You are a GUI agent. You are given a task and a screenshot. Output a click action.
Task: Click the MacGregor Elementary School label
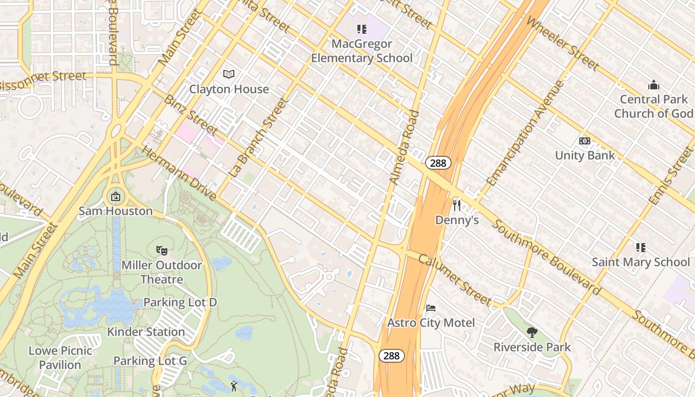[x=362, y=51]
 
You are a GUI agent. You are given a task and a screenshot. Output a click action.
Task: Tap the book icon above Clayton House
[x=229, y=74]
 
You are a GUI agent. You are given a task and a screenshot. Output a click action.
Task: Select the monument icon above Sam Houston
[x=116, y=197]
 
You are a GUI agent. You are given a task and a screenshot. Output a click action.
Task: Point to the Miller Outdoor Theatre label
[x=162, y=272]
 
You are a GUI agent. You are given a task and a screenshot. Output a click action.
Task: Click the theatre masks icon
[x=161, y=250]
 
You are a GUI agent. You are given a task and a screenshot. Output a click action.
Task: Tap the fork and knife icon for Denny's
[x=457, y=205]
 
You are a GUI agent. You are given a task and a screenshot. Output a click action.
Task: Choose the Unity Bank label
[x=585, y=155]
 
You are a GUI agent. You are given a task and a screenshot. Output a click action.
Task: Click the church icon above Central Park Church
[x=653, y=85]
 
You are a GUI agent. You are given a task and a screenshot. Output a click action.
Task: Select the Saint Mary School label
[x=640, y=262]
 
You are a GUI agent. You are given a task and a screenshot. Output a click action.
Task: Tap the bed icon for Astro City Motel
[x=431, y=308]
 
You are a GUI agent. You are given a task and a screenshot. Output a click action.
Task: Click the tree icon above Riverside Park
[x=532, y=332]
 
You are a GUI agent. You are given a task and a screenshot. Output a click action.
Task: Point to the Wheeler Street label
[x=562, y=43]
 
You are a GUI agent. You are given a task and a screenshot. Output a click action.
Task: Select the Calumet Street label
[x=454, y=280]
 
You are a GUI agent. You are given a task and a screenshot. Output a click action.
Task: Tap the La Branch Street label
[x=259, y=138]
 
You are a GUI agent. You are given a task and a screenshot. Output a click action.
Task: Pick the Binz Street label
[x=191, y=115]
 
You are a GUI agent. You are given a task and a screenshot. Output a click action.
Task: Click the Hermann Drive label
[x=179, y=173]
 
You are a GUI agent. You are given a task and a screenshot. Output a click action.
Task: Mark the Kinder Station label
[x=146, y=331]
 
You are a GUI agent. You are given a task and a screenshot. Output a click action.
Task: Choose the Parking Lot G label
[x=150, y=361]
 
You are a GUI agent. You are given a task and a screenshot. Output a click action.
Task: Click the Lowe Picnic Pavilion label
[x=60, y=358]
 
